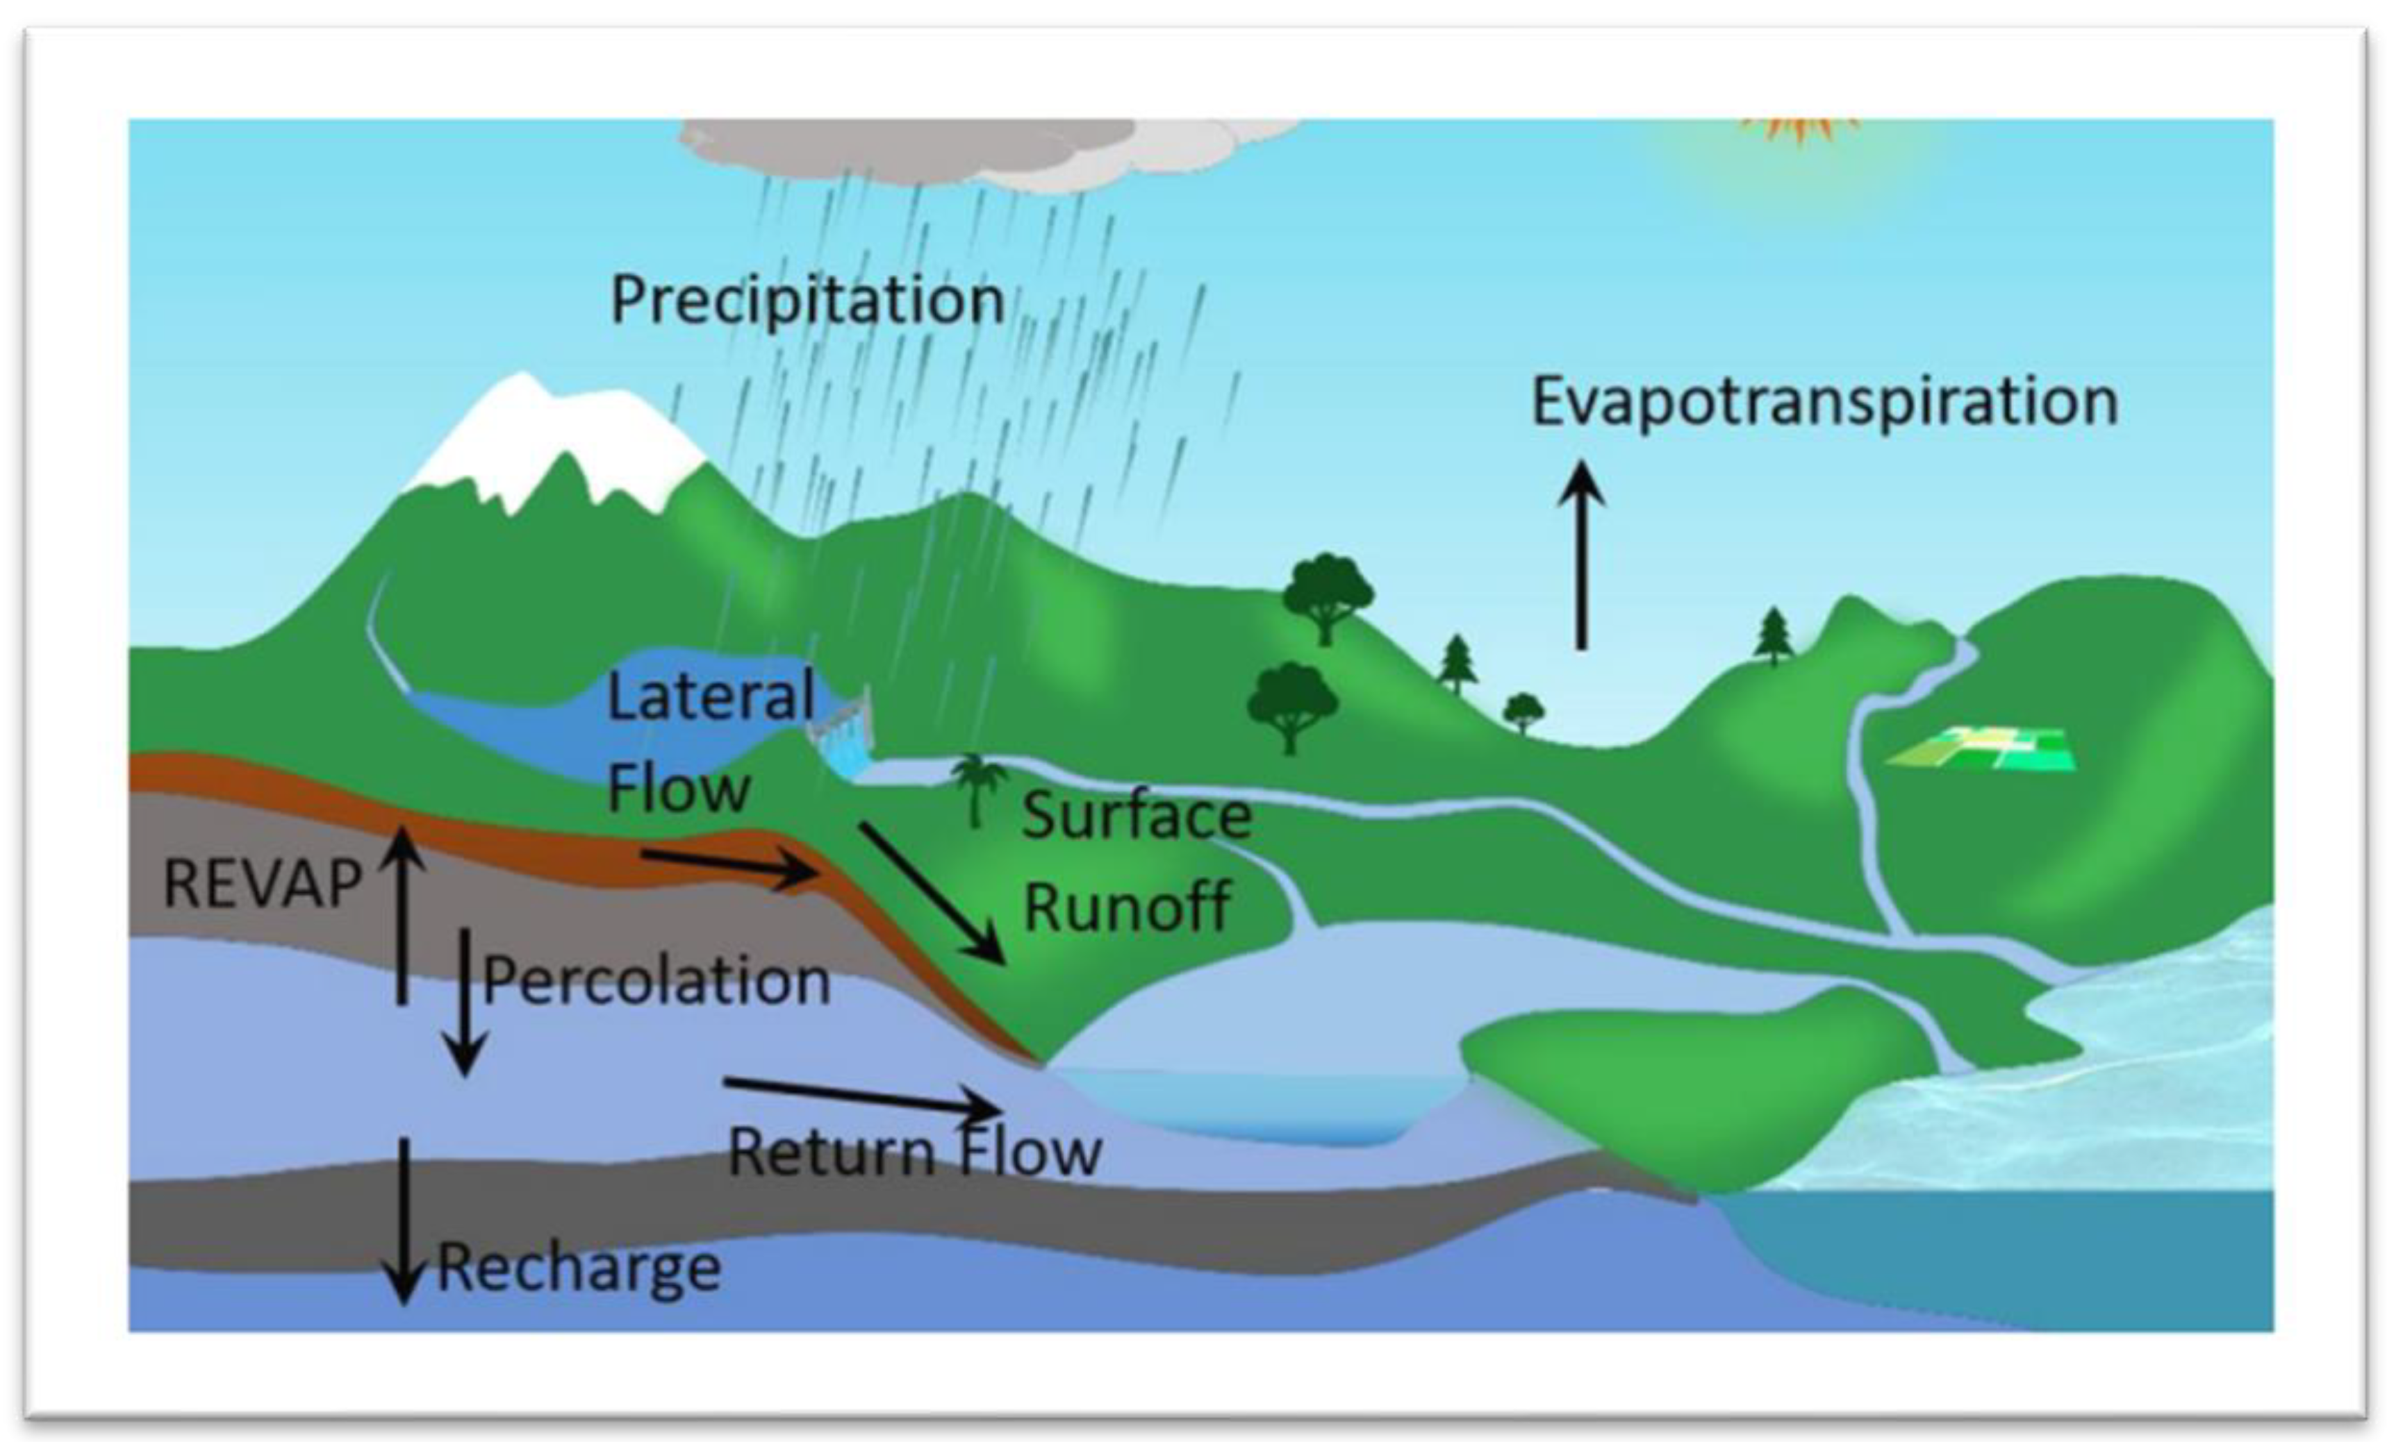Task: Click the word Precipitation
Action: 807,300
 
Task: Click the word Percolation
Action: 656,981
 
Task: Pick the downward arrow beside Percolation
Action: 465,1003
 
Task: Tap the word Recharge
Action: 579,1267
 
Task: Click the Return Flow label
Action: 914,1152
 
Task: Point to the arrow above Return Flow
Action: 862,1096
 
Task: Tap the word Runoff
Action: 1128,907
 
